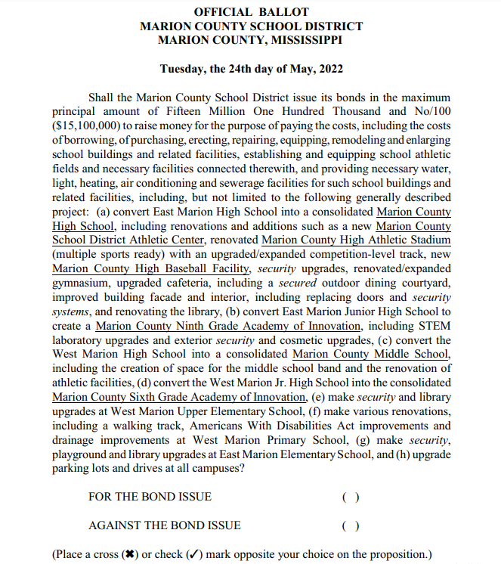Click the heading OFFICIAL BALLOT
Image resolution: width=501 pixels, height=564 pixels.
click(x=251, y=12)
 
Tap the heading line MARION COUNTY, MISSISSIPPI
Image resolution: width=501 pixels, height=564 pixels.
click(x=251, y=39)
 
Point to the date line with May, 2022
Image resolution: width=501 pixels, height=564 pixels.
click(x=251, y=69)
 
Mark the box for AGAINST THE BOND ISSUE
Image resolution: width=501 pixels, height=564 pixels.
click(x=349, y=525)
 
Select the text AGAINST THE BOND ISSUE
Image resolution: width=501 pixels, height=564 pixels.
click(x=164, y=525)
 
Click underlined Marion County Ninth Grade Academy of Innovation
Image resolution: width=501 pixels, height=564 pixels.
click(x=228, y=326)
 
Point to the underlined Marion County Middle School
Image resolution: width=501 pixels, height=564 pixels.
click(x=371, y=354)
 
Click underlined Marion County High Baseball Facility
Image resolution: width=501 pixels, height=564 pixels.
click(x=150, y=268)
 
